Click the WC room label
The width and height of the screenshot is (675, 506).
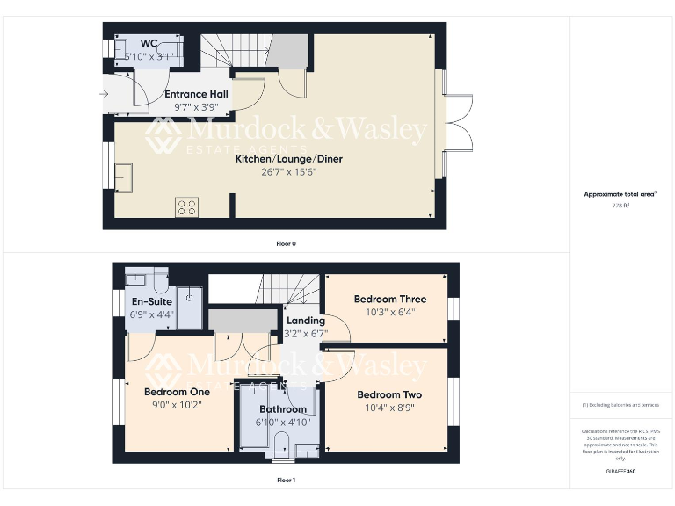[x=148, y=43]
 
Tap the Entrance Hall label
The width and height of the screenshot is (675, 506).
[x=196, y=94]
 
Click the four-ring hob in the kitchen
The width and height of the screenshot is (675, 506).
[x=186, y=207]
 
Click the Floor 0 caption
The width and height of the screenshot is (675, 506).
[x=286, y=243]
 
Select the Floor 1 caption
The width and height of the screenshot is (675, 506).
[x=286, y=481]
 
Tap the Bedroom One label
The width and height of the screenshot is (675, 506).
[x=177, y=392]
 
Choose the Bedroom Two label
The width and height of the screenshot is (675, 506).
[x=389, y=394]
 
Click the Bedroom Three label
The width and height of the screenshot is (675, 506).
[x=390, y=299]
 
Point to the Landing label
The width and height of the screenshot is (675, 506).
[x=306, y=321]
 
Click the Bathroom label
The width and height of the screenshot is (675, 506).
[x=283, y=409]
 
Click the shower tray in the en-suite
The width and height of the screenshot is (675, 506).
[x=188, y=307]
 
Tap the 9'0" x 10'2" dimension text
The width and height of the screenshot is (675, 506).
[x=178, y=405]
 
